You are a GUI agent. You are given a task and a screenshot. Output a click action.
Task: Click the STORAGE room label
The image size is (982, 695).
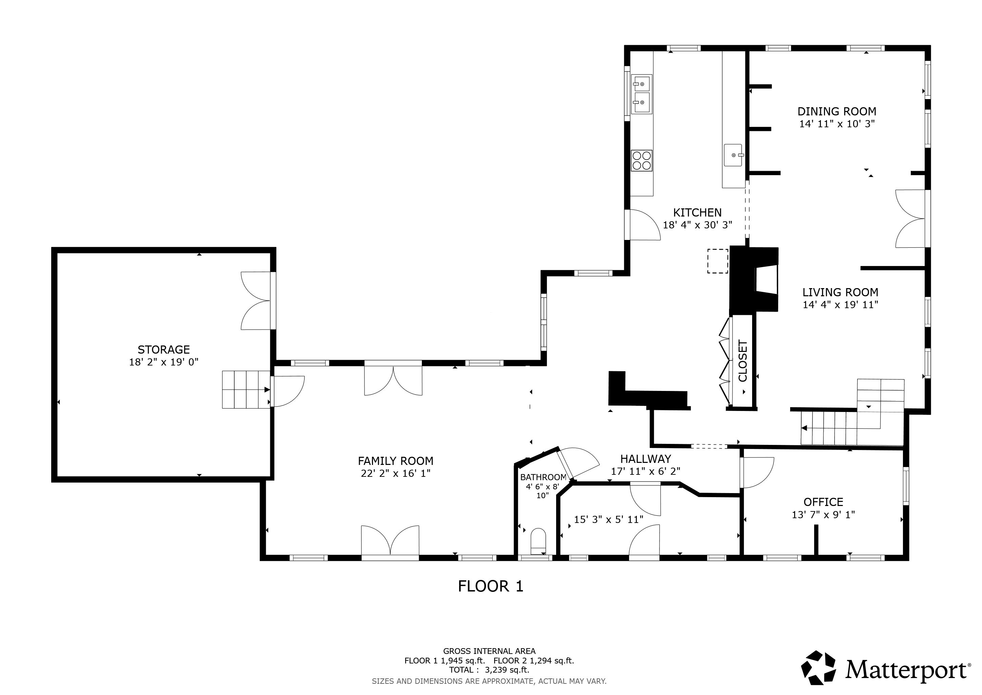pos(163,350)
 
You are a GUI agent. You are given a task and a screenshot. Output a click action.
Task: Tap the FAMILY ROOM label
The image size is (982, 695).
pos(396,461)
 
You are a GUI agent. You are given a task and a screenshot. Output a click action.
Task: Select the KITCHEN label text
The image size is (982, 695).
pos(697,212)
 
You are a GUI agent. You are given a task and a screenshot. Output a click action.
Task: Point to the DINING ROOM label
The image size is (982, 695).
pos(837,111)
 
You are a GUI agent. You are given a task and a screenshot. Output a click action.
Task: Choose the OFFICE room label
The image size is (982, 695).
pos(823,502)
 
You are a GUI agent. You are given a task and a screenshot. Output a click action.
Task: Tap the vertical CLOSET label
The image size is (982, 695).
pos(743,361)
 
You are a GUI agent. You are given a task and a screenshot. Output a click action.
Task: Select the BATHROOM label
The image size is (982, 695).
pos(543,477)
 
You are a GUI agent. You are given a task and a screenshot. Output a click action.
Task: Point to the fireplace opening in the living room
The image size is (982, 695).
pos(766,280)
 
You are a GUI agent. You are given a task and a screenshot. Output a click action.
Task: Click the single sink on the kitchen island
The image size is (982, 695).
pos(734,155)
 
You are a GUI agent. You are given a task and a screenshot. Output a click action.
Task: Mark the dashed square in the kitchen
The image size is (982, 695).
pos(718,261)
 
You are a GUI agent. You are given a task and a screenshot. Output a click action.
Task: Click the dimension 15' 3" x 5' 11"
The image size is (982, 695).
pos(608,520)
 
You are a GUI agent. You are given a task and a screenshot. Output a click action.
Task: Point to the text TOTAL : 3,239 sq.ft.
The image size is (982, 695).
pos(489,670)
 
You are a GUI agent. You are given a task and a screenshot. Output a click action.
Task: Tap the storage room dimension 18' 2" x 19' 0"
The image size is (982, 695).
pos(164,362)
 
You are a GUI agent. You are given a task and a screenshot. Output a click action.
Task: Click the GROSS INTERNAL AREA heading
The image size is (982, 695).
pos(489,651)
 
